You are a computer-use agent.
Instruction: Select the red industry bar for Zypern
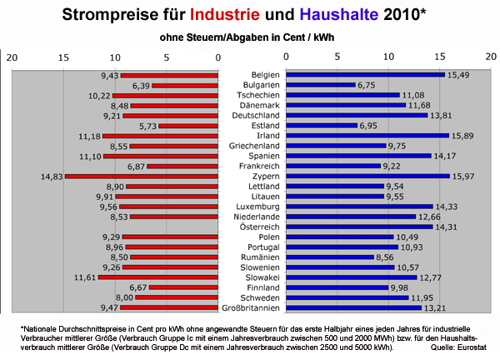(142, 177)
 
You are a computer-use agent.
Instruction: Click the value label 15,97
(469, 177)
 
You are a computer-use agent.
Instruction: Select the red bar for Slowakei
(158, 277)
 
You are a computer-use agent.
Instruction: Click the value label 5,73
(147, 126)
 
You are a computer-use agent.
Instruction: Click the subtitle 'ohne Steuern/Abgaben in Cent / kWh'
(250, 38)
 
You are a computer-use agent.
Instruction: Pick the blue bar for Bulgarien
(320, 85)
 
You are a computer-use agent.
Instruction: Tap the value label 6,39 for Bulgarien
(140, 85)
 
